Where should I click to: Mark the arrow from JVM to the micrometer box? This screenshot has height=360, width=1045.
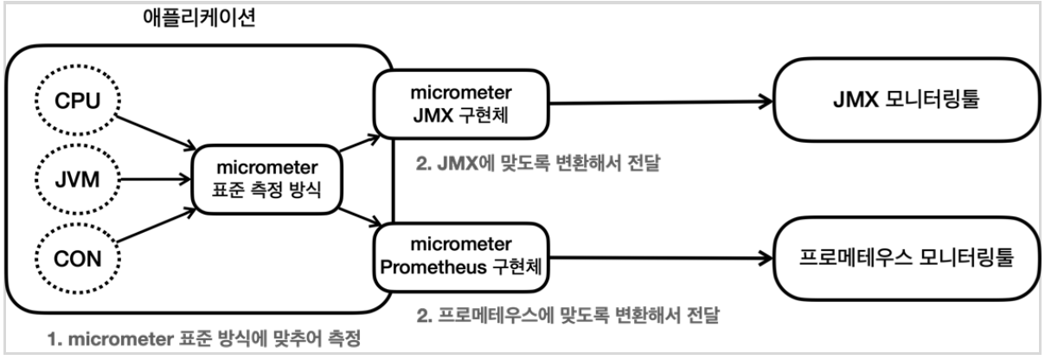click(x=151, y=179)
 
